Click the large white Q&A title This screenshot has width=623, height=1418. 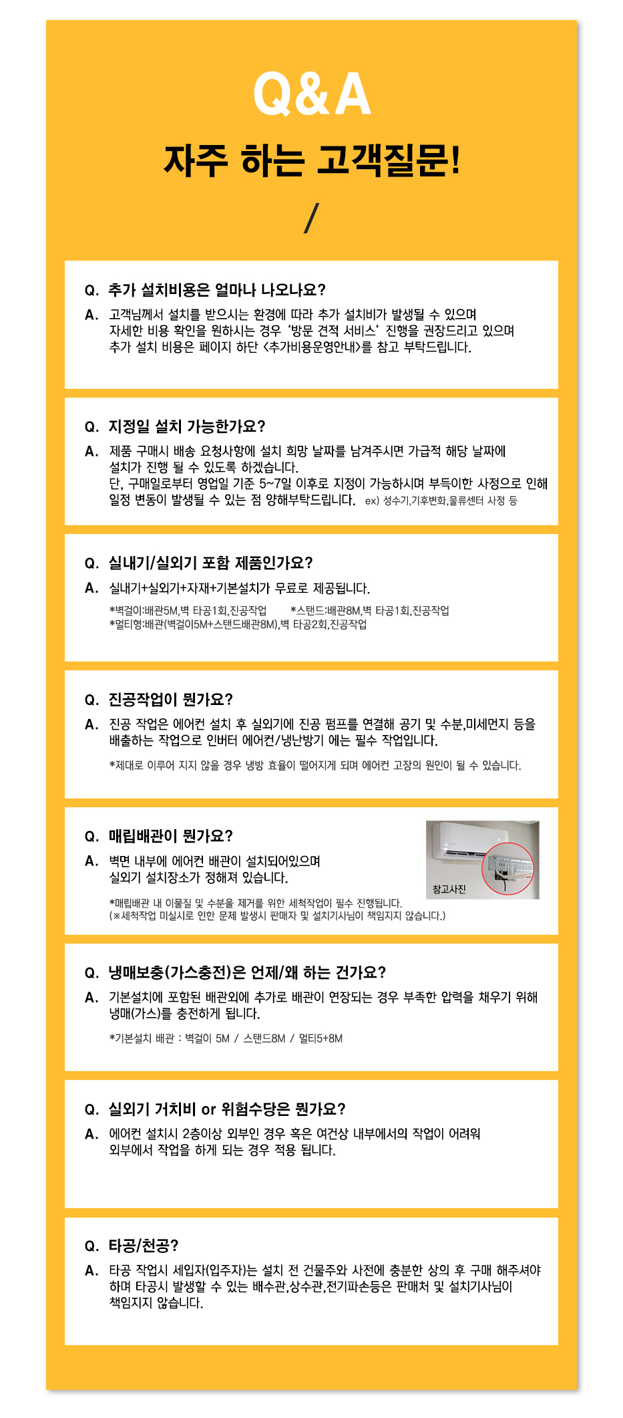click(312, 94)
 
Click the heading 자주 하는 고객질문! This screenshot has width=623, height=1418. click(312, 161)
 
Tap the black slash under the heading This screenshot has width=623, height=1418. click(311, 218)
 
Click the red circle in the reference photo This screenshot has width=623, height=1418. click(509, 868)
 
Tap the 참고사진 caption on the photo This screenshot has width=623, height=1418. click(449, 889)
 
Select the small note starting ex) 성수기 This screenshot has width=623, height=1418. click(441, 501)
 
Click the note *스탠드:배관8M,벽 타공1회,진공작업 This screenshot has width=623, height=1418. click(370, 611)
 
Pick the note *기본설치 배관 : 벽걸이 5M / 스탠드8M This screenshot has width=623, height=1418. click(197, 1038)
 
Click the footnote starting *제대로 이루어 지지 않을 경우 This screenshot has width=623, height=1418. click(315, 765)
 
